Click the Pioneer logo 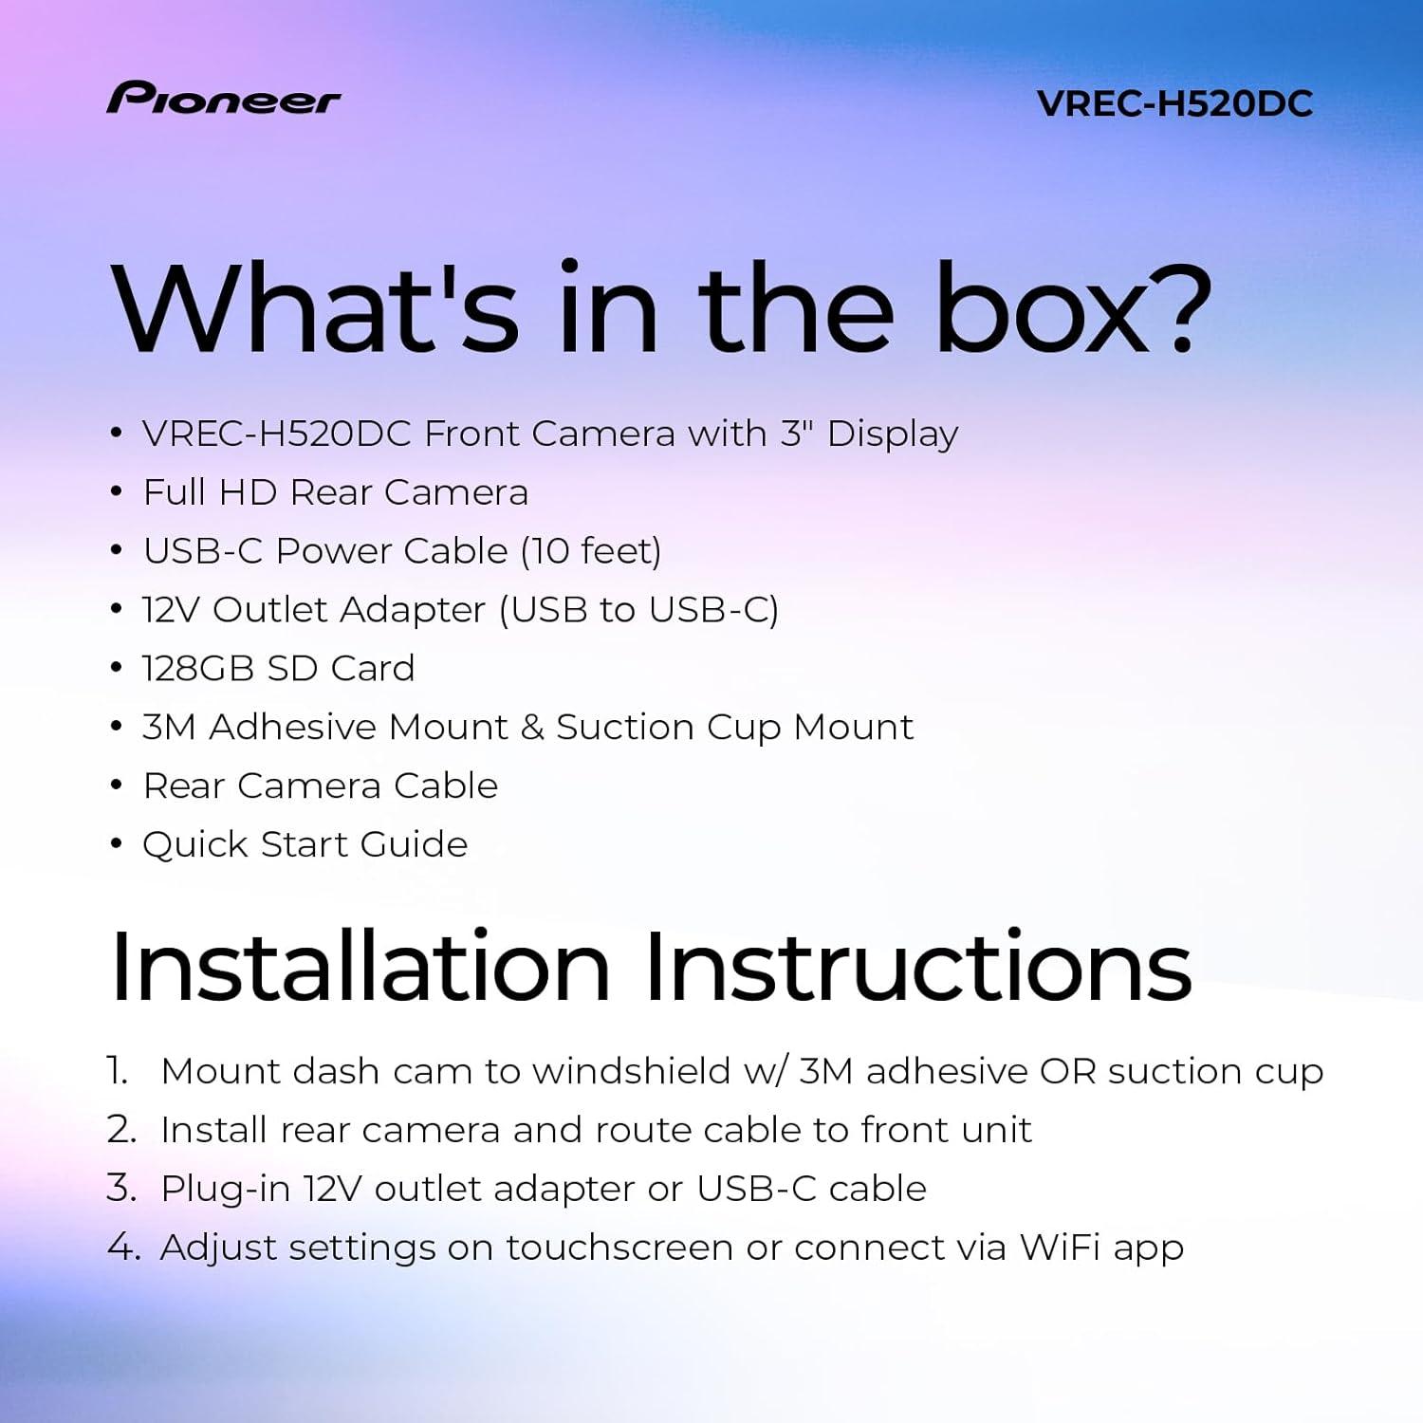(x=223, y=99)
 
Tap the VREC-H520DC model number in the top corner (x=1174, y=104)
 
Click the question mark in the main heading (x=1181, y=308)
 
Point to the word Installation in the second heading (x=360, y=967)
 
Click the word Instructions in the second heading (x=917, y=967)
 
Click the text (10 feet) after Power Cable (x=591, y=551)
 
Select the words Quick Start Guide (x=305, y=844)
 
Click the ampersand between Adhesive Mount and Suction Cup (x=531, y=728)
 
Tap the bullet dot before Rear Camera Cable (x=116, y=786)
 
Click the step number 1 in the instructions (x=117, y=1071)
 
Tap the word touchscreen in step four (x=619, y=1247)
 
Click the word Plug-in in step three (x=225, y=1189)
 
